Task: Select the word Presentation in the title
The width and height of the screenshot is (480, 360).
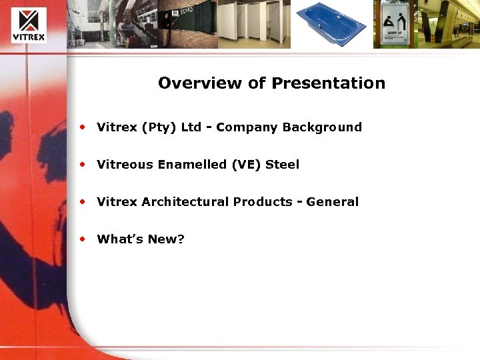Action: (328, 83)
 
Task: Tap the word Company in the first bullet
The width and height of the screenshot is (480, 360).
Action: (247, 127)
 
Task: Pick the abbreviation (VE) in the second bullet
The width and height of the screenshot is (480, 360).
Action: (246, 165)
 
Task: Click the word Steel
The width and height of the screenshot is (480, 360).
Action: (283, 165)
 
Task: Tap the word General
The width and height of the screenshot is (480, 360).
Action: (333, 202)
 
